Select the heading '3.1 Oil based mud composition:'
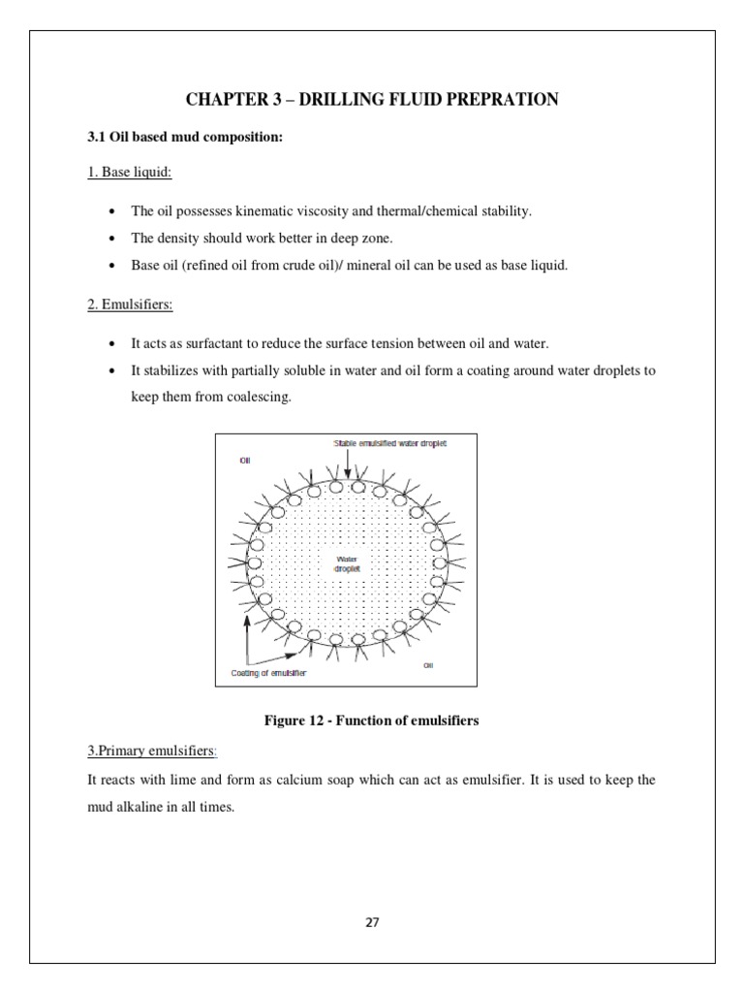click(185, 137)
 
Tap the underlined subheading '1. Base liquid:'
click(130, 173)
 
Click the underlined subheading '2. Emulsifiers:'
click(131, 304)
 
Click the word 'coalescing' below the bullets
click(261, 398)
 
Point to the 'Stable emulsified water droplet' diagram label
click(390, 443)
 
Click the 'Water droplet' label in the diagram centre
click(348, 564)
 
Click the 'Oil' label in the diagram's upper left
click(244, 460)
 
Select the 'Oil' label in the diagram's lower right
click(429, 665)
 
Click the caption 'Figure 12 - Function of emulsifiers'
click(372, 720)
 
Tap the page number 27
click(372, 922)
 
